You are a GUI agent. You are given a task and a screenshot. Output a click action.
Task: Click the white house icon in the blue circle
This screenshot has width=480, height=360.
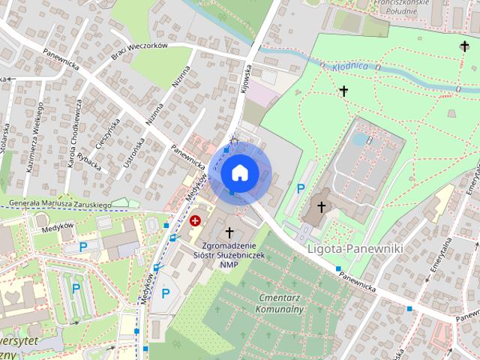tap(239, 172)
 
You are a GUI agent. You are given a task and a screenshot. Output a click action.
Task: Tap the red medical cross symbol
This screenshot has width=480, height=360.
tap(196, 220)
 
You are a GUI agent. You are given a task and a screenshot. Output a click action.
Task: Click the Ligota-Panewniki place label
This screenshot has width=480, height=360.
tap(355, 247)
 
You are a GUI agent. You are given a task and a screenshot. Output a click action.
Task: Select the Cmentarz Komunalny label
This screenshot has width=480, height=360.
tap(278, 303)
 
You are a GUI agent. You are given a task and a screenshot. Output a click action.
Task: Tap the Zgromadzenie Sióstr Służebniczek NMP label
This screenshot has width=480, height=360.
tap(225, 254)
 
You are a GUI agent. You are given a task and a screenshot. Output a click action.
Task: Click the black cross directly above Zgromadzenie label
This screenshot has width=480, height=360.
tap(229, 232)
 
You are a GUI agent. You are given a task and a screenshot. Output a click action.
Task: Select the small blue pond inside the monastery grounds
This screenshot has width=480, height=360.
tap(360, 139)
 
